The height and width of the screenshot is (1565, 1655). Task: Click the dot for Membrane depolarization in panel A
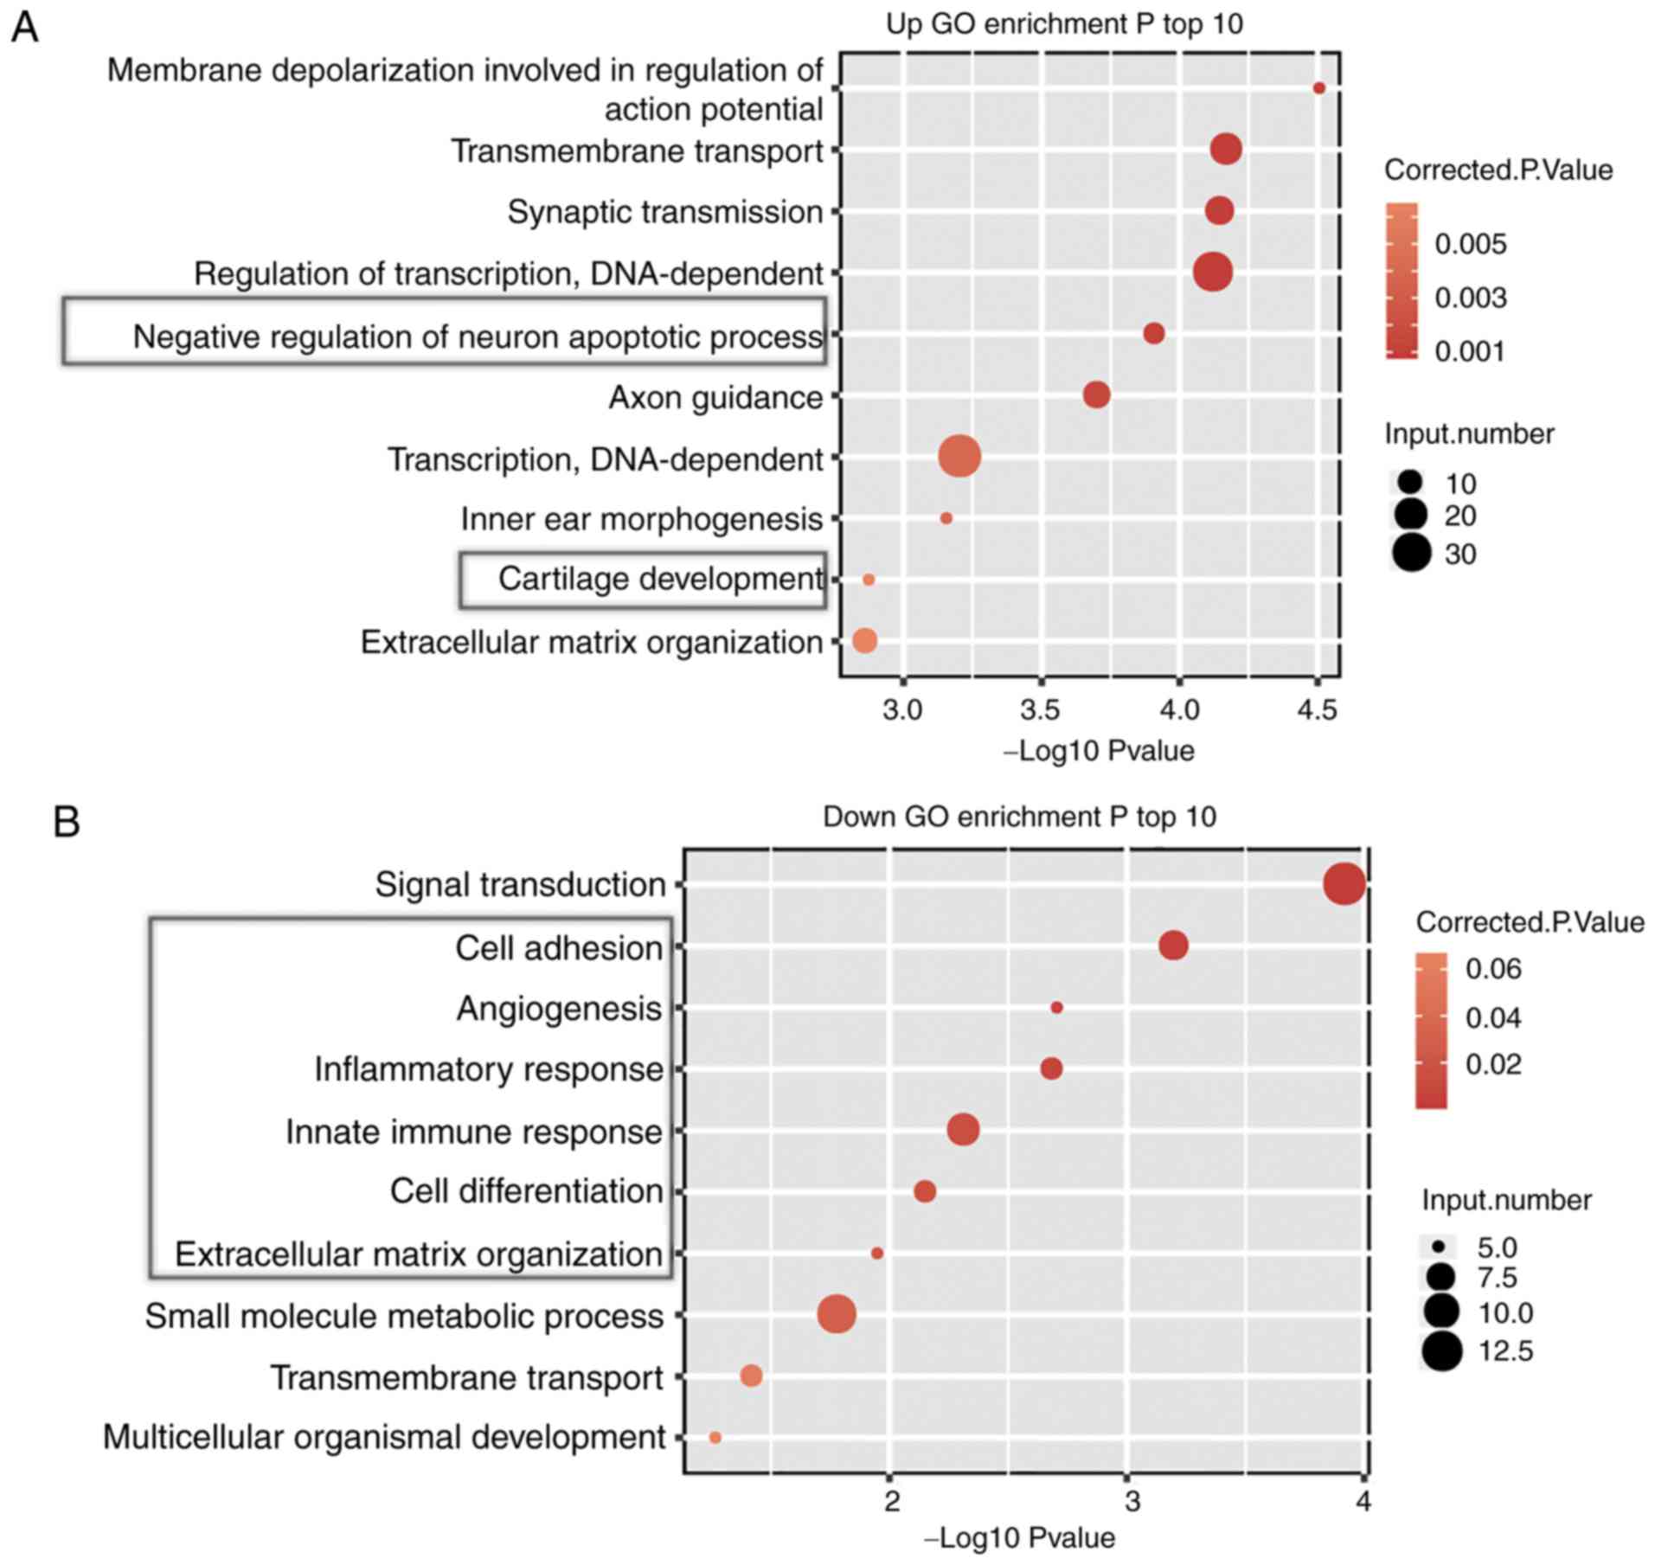coord(1318,88)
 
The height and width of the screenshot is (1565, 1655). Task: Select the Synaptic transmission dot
coord(1219,210)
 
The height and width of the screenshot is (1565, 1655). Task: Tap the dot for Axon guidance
coord(1096,395)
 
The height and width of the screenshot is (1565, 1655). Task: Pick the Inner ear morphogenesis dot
coord(946,518)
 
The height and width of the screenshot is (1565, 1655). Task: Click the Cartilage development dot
coord(869,580)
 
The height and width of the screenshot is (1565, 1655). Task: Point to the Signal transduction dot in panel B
coord(1344,885)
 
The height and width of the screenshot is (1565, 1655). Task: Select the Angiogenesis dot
coord(1056,1008)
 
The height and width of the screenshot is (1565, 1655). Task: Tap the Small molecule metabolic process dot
coord(837,1314)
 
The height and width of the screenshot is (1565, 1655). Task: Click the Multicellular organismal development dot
coord(715,1437)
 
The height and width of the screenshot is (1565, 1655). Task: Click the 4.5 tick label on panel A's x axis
coord(1317,711)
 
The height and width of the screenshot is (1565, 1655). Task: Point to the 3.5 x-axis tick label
coord(1040,711)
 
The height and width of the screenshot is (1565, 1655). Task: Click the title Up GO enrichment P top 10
coord(1063,24)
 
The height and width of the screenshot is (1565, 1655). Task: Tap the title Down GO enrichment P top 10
coord(1018,817)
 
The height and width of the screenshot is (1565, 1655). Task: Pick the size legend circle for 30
coord(1411,553)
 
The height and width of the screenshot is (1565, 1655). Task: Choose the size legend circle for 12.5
coord(1441,1350)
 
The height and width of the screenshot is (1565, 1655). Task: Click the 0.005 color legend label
coord(1470,245)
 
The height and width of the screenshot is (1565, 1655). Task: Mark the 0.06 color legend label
coord(1492,969)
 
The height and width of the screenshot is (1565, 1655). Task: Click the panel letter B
coord(67,821)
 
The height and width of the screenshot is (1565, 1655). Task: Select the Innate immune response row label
coord(474,1132)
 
